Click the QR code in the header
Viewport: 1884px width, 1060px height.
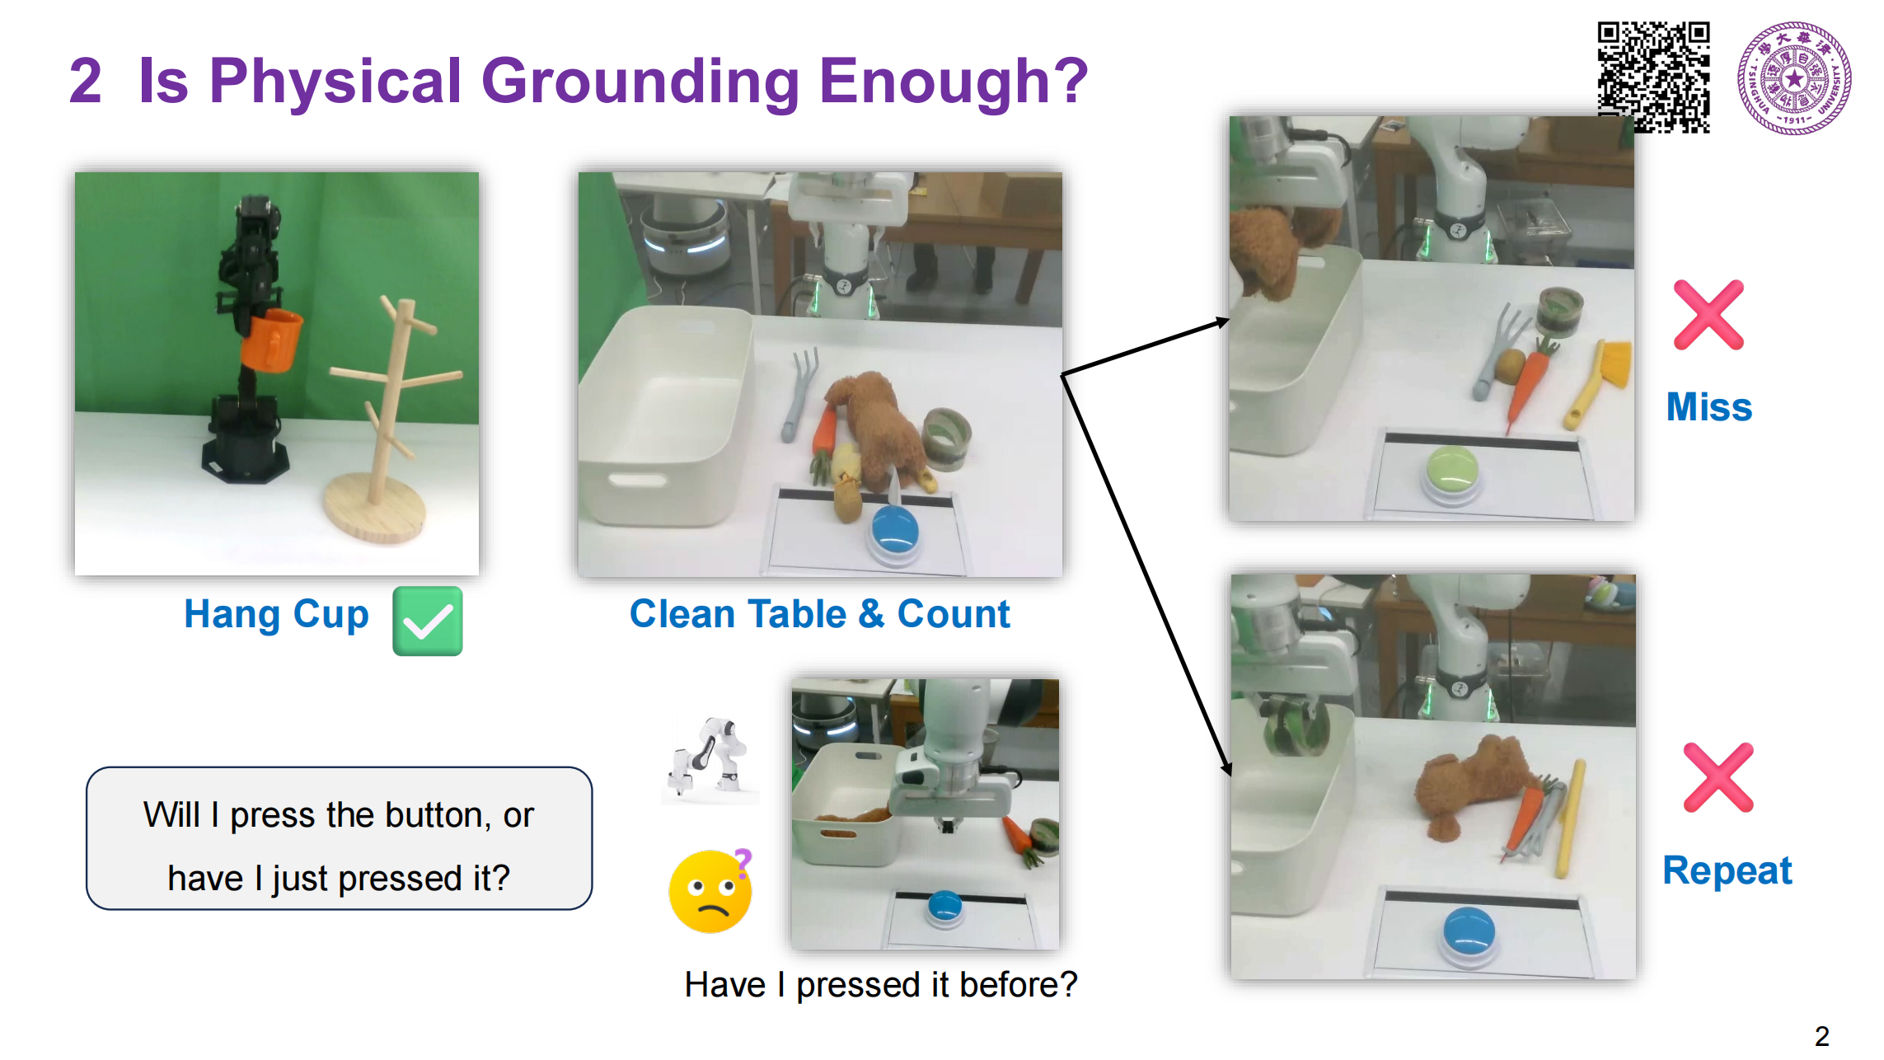pos(1653,77)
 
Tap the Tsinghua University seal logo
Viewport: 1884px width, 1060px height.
pos(1794,77)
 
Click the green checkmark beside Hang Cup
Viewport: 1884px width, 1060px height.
pos(427,621)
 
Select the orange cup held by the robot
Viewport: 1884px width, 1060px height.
pos(272,340)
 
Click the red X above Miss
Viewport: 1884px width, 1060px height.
pos(1708,315)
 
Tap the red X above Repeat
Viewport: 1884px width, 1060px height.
pos(1718,777)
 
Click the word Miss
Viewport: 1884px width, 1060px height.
pos(1709,407)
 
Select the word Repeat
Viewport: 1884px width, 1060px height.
pos(1727,871)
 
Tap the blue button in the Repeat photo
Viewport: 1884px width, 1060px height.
pos(1469,933)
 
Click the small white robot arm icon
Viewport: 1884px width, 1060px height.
pos(710,758)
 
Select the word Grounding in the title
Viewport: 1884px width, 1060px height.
pos(640,82)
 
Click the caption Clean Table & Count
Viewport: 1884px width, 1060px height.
pos(819,614)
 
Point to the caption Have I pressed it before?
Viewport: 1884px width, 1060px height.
pos(881,985)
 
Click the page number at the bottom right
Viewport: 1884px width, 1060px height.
pos(1822,1036)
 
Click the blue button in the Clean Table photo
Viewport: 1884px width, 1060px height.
pos(895,530)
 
